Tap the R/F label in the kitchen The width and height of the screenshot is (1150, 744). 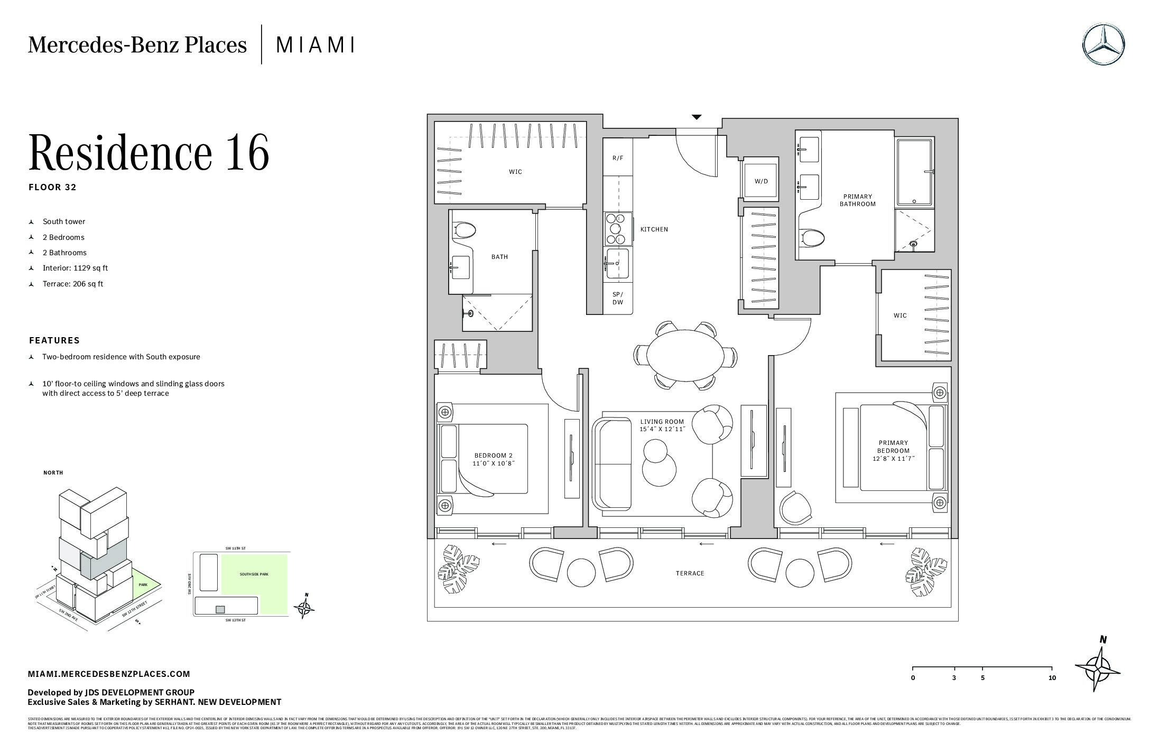click(618, 158)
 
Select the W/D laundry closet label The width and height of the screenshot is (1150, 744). click(761, 181)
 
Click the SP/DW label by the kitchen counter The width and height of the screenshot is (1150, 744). click(618, 299)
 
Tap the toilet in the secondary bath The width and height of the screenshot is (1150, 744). click(465, 230)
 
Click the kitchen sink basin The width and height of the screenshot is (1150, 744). click(618, 263)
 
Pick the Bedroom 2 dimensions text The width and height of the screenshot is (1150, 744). click(493, 463)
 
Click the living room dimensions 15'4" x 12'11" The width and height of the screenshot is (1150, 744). click(662, 429)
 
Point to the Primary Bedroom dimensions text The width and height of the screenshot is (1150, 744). click(894, 459)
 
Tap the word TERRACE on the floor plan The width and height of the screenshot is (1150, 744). click(690, 573)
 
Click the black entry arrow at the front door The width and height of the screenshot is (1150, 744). click(697, 117)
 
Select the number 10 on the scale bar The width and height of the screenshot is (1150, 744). click(1052, 678)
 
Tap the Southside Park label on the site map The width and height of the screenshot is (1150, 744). click(254, 574)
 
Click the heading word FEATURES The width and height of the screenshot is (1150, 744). click(54, 340)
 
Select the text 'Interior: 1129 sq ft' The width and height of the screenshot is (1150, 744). click(75, 268)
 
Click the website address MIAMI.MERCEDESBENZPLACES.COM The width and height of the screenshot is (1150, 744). click(109, 674)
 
